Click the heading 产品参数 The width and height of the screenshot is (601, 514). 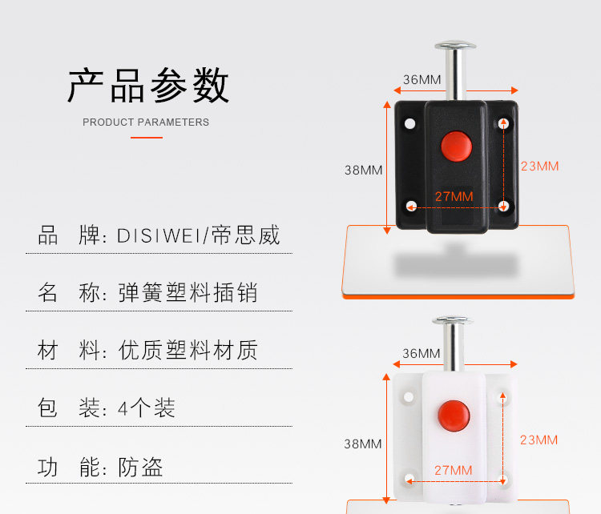click(148, 85)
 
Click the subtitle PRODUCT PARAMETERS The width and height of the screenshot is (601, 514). click(146, 122)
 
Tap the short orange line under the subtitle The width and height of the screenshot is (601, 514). click(147, 138)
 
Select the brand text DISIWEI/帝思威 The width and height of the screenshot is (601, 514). click(199, 236)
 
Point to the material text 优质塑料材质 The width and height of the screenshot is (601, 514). click(188, 351)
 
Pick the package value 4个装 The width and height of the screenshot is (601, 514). click(146, 408)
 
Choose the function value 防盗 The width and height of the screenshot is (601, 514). click(140, 467)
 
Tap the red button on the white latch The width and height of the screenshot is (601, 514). click(454, 414)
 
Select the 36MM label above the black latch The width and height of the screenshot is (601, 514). click(422, 79)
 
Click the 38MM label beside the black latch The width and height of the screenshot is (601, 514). click(363, 170)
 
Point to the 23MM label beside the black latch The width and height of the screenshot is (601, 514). click(539, 167)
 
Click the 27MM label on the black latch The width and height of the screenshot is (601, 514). click(454, 196)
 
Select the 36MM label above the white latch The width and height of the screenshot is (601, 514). click(422, 353)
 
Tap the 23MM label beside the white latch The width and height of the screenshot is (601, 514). click(538, 440)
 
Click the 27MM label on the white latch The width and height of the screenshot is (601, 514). click(454, 470)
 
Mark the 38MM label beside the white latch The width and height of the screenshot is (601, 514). click(363, 444)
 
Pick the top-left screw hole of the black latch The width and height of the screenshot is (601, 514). click(410, 124)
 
